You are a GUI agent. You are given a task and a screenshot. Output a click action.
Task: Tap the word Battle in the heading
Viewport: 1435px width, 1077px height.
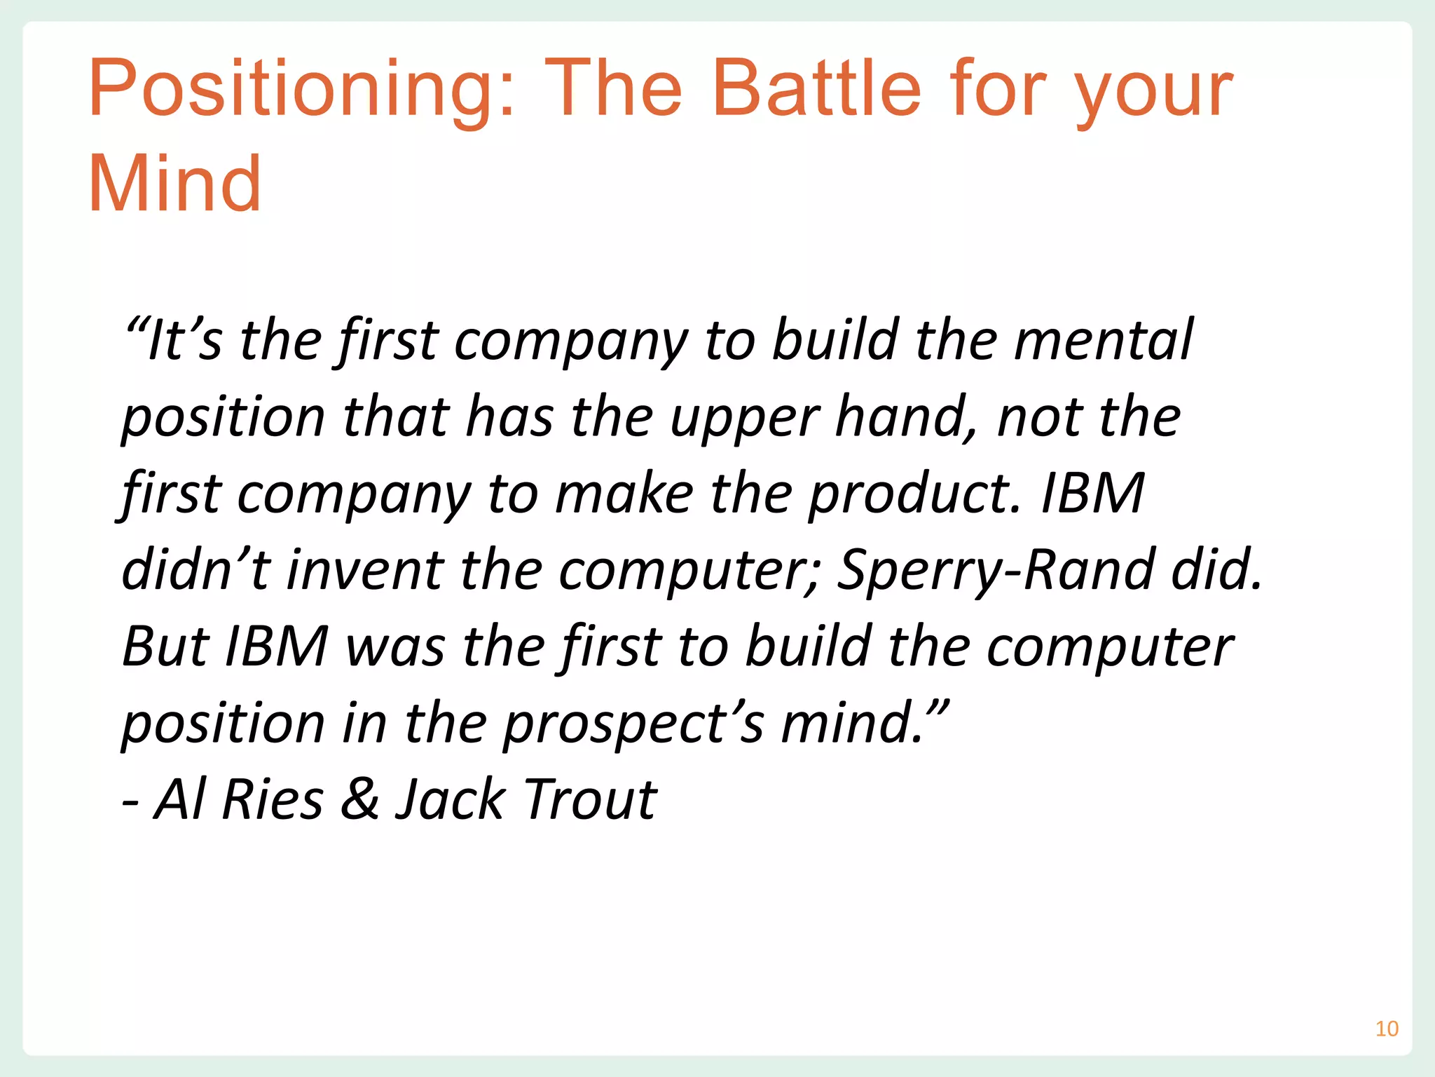pyautogui.click(x=816, y=90)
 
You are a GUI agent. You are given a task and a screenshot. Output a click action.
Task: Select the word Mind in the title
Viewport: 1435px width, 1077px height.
pyautogui.click(x=174, y=184)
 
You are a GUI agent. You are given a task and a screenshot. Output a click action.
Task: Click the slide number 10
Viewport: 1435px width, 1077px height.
pyautogui.click(x=1387, y=1029)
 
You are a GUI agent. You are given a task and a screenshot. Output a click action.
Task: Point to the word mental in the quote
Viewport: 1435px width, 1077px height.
pyautogui.click(x=1103, y=340)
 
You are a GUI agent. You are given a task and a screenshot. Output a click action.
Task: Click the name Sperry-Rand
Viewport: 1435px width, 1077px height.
pyautogui.click(x=995, y=570)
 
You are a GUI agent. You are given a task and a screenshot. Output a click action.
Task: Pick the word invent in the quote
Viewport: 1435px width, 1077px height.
pyautogui.click(x=365, y=569)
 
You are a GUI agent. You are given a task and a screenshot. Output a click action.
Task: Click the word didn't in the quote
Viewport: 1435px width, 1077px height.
pyautogui.click(x=195, y=569)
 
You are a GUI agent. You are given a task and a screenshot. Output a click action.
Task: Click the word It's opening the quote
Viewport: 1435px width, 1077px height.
pyautogui.click(x=182, y=340)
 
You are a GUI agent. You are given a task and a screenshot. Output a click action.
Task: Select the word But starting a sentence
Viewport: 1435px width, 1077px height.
pyautogui.click(x=165, y=646)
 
